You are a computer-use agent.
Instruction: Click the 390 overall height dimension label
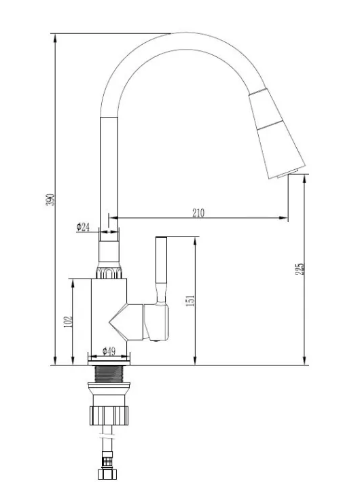pyautogui.click(x=50, y=200)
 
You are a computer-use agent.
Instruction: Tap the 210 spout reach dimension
pyautogui.click(x=198, y=213)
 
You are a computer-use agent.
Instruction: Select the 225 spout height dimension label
pyautogui.click(x=300, y=269)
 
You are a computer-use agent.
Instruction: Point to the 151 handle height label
pyautogui.click(x=190, y=300)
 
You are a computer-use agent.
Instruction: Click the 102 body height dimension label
pyautogui.click(x=68, y=322)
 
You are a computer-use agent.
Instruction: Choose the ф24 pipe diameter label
pyautogui.click(x=83, y=227)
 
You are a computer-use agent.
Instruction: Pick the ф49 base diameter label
pyautogui.click(x=109, y=351)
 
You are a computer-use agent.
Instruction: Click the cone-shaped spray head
pyautogui.click(x=277, y=134)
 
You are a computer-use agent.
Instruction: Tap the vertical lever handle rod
pyautogui.click(x=161, y=270)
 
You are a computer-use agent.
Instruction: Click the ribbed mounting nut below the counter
pyautogui.click(x=109, y=415)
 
